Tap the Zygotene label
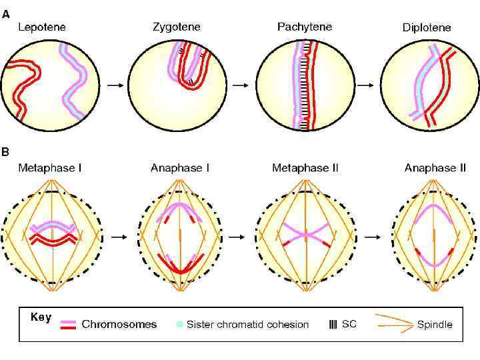coord(176,27)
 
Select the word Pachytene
coord(304,27)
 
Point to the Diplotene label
coord(427,28)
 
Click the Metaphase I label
coord(50,168)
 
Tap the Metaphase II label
coord(305,168)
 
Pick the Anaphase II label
coord(435,168)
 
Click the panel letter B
coord(6,152)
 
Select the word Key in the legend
coord(41,317)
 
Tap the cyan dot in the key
coord(179,325)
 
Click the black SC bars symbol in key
coord(333,325)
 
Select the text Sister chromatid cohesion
coord(247,325)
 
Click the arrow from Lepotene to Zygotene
coord(115,85)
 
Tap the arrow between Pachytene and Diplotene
coord(365,85)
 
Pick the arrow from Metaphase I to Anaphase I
coord(118,236)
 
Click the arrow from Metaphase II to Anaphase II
coord(369,236)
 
